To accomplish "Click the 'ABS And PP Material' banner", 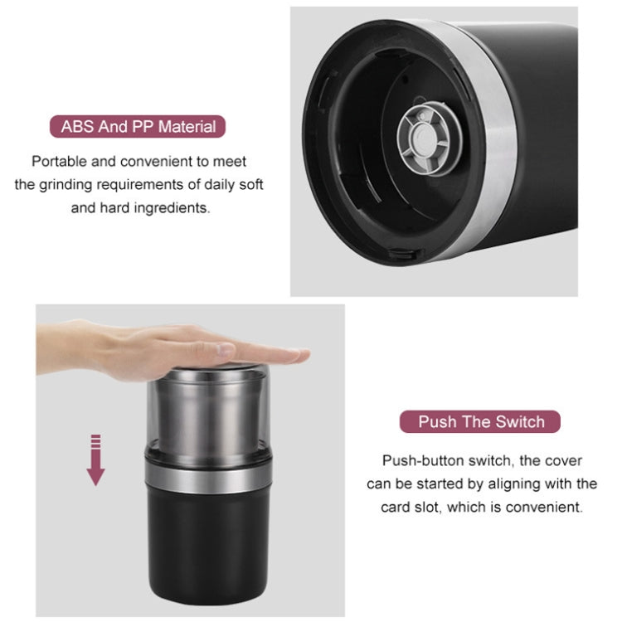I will click(x=138, y=127).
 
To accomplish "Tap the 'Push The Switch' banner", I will click(x=481, y=421).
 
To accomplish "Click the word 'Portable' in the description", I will click(x=59, y=162).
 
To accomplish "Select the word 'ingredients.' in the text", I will click(x=170, y=207).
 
